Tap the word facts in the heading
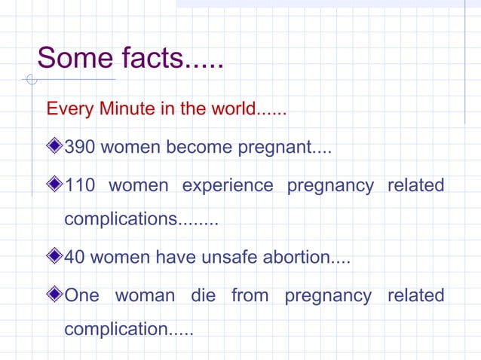coord(149,58)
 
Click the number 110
coord(80,185)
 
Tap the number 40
coord(75,258)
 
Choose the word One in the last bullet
coord(83,295)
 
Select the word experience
coord(228,185)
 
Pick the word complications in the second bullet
coord(121,220)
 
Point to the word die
coord(203,295)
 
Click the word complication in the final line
coord(117,330)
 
